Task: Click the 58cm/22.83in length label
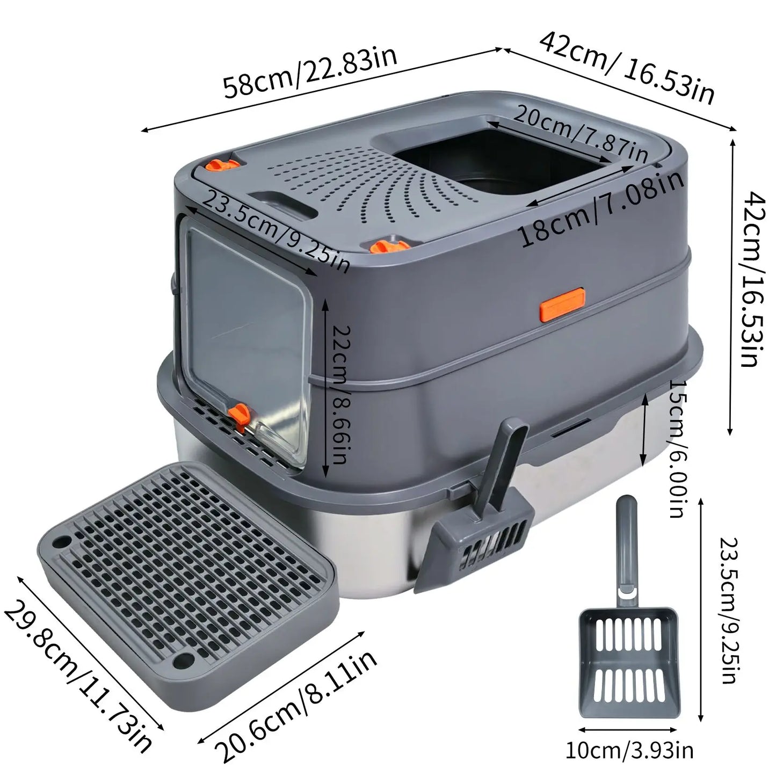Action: [310, 73]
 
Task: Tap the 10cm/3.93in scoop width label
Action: [629, 750]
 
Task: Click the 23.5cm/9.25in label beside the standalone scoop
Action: [727, 610]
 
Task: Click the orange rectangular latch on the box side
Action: [562, 304]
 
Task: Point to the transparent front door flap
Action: [247, 333]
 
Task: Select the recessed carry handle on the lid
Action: [282, 204]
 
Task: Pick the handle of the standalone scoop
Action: [626, 548]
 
